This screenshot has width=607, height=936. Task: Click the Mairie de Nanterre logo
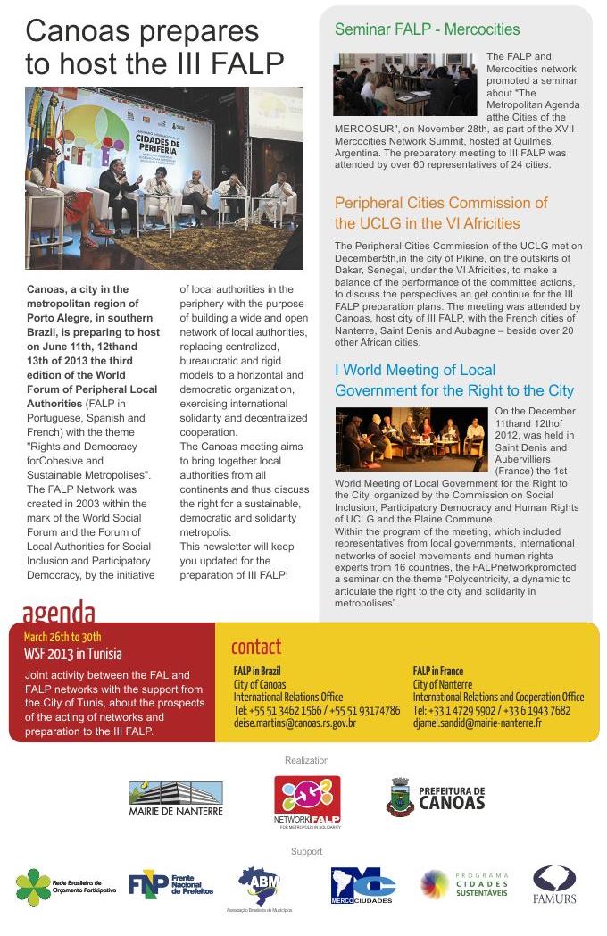176,797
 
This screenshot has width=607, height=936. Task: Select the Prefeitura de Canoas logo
436,797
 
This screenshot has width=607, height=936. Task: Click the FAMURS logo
554,884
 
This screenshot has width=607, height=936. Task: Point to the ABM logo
259,888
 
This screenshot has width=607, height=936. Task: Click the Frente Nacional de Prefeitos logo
170,884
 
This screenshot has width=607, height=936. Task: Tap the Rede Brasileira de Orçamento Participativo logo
65,886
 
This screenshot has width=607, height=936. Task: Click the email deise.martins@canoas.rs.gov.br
295,723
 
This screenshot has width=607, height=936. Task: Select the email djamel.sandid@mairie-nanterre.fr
477,723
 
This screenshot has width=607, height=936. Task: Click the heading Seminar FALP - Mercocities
427,29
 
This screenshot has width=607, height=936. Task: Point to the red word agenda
59,613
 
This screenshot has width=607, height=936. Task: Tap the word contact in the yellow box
255,646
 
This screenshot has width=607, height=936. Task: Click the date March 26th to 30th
62,637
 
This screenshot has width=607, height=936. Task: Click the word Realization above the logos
306,760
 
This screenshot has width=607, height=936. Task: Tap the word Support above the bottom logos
306,851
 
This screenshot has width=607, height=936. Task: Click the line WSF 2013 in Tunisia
73,653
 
